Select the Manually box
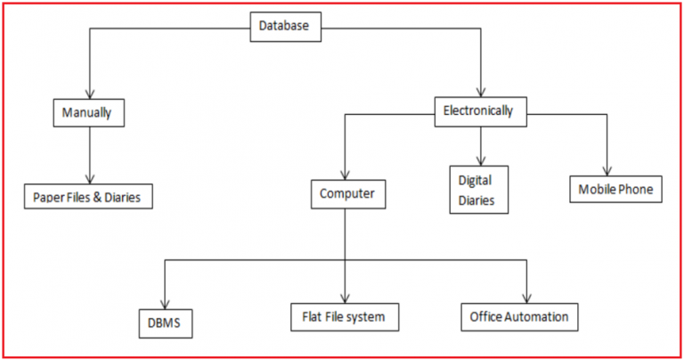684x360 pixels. click(x=86, y=113)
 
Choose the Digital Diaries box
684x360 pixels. click(x=476, y=189)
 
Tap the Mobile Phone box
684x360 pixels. click(x=615, y=189)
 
